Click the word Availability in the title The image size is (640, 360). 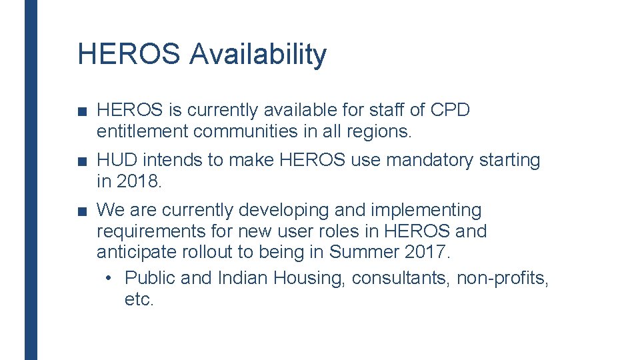tap(258, 54)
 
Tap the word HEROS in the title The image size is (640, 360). tap(129, 54)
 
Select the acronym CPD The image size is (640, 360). tap(451, 110)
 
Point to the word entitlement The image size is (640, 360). tap(142, 131)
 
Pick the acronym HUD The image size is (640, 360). tap(117, 160)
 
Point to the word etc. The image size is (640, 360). tap(139, 299)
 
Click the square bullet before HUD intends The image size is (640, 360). tap(81, 161)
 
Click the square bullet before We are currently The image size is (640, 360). tap(81, 211)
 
